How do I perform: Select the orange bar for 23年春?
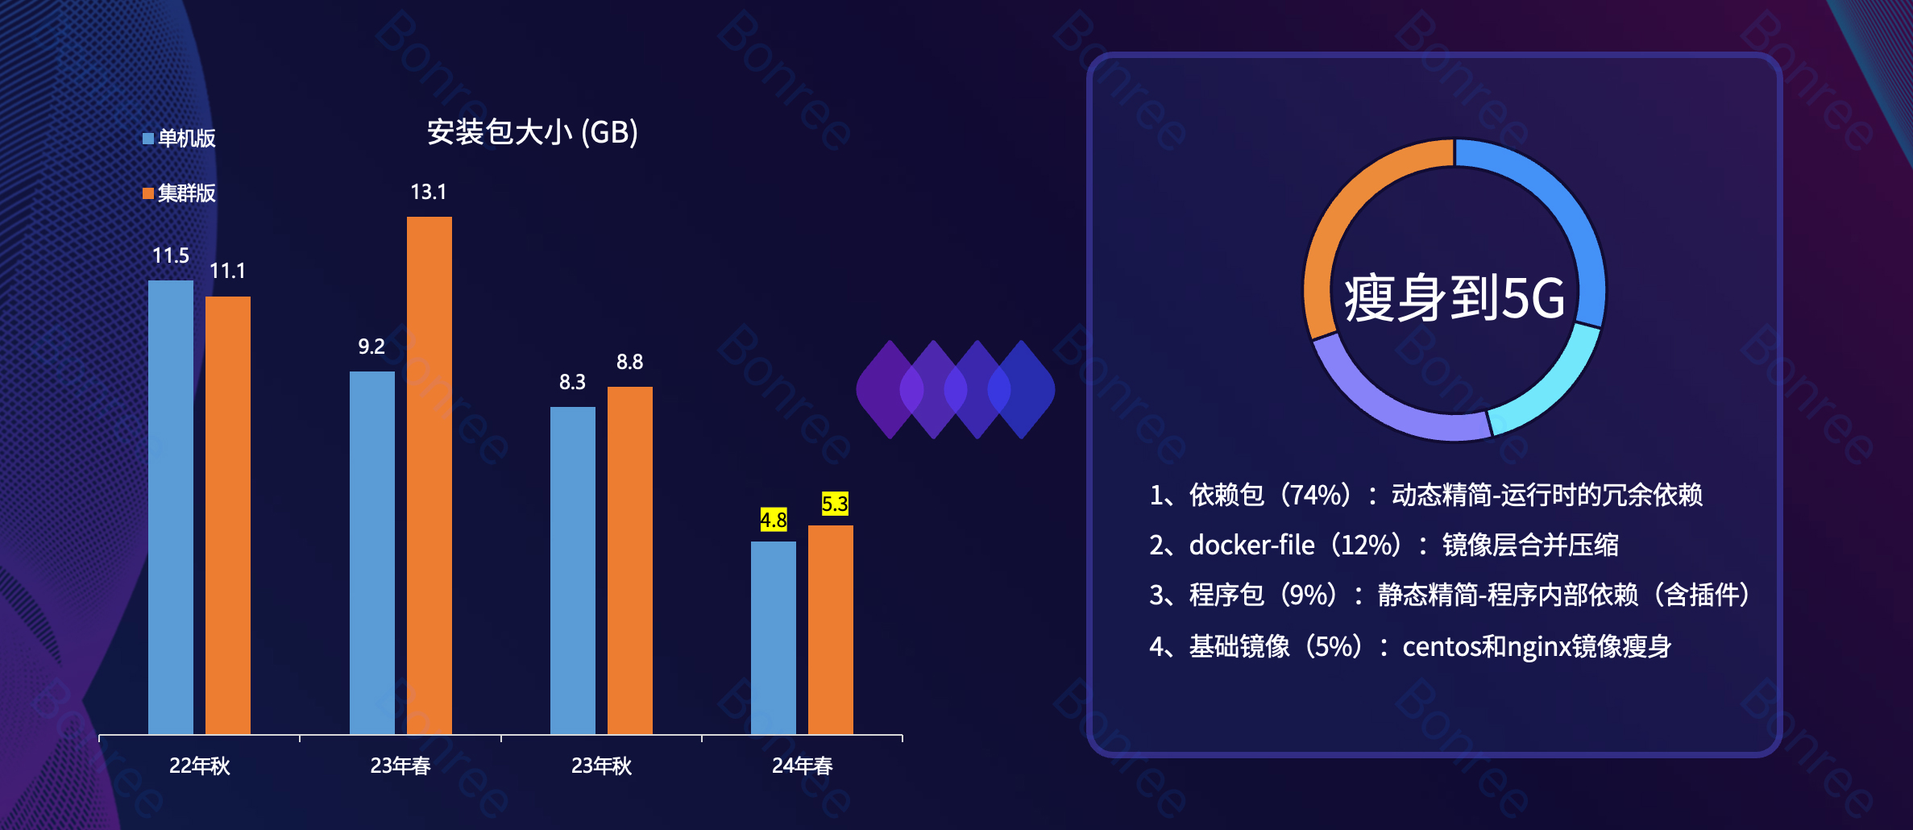click(x=429, y=475)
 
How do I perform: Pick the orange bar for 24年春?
click(x=830, y=629)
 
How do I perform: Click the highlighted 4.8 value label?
click(x=774, y=520)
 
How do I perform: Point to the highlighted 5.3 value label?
click(x=835, y=504)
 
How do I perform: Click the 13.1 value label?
click(x=429, y=192)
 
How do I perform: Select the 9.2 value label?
click(x=371, y=347)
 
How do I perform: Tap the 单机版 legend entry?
click(x=180, y=139)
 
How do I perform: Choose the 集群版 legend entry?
click(x=180, y=193)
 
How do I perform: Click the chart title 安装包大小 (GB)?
click(x=532, y=132)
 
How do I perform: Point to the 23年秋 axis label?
click(x=601, y=766)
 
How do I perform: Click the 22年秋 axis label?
click(x=200, y=766)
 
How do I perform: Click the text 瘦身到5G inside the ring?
click(x=1454, y=298)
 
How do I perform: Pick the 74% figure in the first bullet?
click(x=1315, y=494)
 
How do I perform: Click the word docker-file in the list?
click(x=1251, y=546)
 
